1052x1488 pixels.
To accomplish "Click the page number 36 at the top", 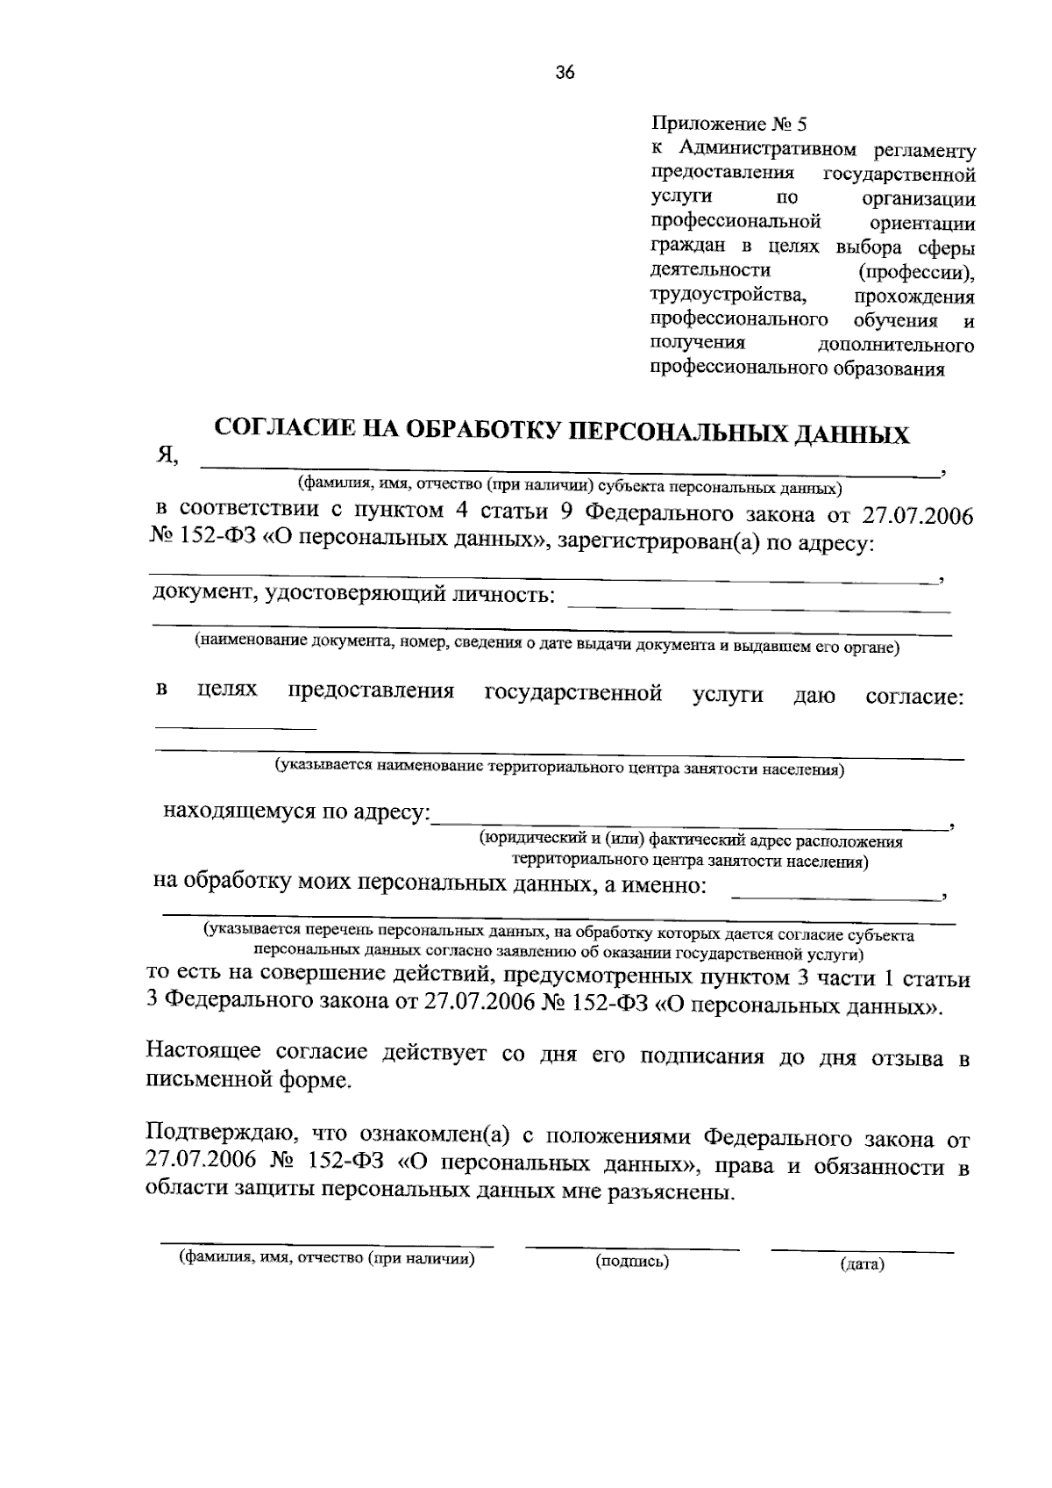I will coord(565,74).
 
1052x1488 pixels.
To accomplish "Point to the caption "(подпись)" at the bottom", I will coord(632,1262).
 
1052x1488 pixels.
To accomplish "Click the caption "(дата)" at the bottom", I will coord(863,1264).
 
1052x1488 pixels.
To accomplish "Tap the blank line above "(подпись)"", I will coord(632,1246).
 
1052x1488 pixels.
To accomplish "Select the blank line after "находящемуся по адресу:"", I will coord(693,826).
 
